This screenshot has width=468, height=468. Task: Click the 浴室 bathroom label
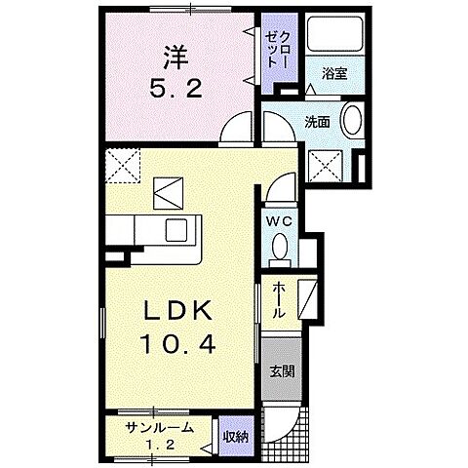pyautogui.click(x=333, y=72)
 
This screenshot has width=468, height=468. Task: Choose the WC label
pyautogui.click(x=281, y=220)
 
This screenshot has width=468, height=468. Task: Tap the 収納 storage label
pyautogui.click(x=234, y=436)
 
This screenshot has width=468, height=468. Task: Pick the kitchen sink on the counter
pyautogui.click(x=176, y=231)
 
